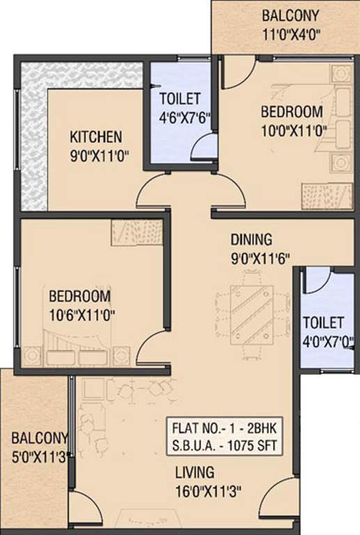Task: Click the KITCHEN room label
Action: coord(96,136)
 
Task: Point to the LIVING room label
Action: coord(194,472)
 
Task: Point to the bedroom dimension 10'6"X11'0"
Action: coord(81,314)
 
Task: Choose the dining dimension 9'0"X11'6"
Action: coord(260,257)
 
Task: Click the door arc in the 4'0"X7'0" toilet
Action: coord(318,280)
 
